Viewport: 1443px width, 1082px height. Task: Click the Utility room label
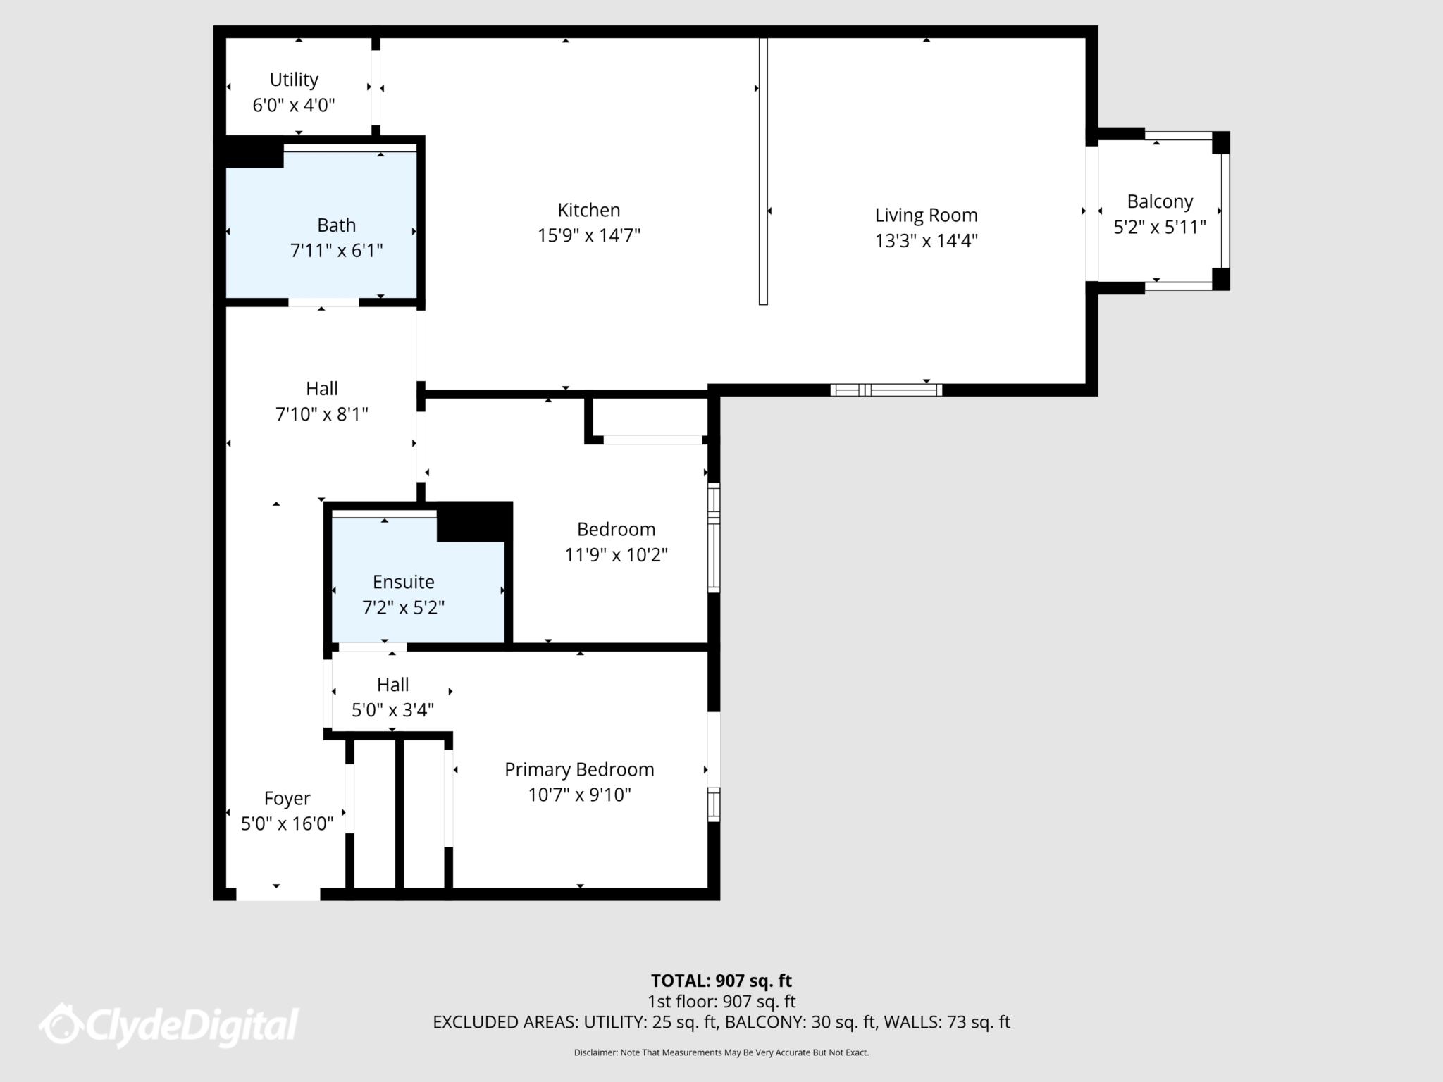pos(294,80)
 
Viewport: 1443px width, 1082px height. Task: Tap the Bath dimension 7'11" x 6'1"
pos(336,251)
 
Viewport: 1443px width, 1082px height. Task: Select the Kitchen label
pos(588,210)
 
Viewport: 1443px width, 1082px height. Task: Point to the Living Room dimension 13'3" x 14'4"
pos(926,241)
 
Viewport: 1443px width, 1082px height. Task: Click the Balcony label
pos(1159,201)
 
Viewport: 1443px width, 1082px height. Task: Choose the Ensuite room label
pos(403,582)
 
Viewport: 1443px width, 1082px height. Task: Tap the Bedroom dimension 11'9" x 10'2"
pos(616,555)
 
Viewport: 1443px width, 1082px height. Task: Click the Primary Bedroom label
pos(579,769)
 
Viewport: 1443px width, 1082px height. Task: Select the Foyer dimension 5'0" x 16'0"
pos(287,824)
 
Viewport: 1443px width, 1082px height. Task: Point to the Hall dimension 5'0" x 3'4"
pos(392,710)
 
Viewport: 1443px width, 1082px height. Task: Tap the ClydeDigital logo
pos(169,1025)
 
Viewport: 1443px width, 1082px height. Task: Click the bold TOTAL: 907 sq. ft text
pos(721,981)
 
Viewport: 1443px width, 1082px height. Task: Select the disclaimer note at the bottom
pos(721,1052)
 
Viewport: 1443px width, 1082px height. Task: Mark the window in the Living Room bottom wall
pos(886,390)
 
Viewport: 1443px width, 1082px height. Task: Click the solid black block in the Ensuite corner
pos(473,522)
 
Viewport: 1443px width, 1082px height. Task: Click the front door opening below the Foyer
pos(278,894)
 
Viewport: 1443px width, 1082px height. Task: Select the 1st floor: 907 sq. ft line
pos(721,1001)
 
